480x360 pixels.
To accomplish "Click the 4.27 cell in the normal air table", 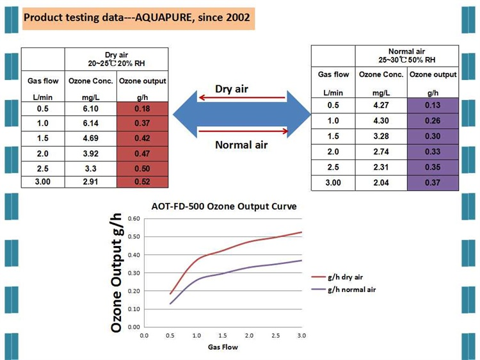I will pyautogui.click(x=381, y=106).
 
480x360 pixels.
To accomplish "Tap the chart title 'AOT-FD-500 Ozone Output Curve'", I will pyautogui.click(x=225, y=206).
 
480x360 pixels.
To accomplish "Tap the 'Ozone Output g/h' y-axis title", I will pyautogui.click(x=117, y=273).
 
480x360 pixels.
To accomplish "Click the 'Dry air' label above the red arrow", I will pyautogui.click(x=232, y=88).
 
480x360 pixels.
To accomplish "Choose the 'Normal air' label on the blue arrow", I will pyautogui.click(x=241, y=145).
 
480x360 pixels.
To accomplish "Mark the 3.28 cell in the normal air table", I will pyautogui.click(x=381, y=136).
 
